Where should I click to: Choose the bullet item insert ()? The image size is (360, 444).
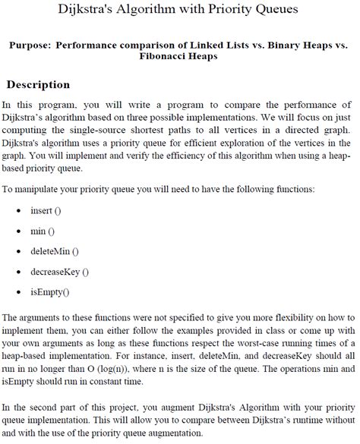46,209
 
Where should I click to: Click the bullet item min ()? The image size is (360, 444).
42,229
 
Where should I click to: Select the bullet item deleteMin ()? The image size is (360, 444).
55,250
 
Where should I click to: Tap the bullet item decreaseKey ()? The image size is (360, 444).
59,271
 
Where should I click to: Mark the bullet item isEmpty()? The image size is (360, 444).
50,291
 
